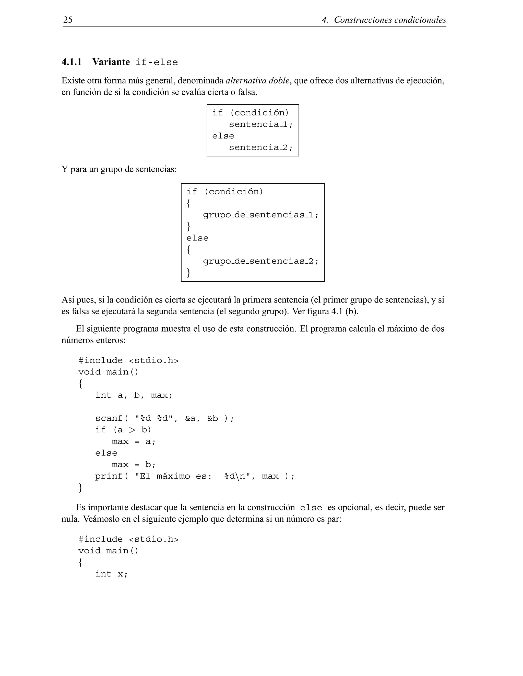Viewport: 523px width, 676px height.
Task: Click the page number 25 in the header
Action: pyautogui.click(x=68, y=20)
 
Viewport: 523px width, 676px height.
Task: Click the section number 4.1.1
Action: pyautogui.click(x=72, y=62)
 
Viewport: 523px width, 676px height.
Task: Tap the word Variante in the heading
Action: pyautogui.click(x=111, y=62)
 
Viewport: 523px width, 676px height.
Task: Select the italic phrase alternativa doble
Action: pyautogui.click(x=258, y=81)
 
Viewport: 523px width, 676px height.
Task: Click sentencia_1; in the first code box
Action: pyautogui.click(x=260, y=124)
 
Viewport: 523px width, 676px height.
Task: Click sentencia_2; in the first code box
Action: pyautogui.click(x=260, y=148)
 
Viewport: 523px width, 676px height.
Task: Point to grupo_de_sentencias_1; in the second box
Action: pyautogui.click(x=260, y=215)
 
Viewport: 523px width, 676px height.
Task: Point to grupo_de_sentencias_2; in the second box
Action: pyautogui.click(x=260, y=261)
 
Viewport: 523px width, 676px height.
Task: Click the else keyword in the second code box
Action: pyautogui.click(x=197, y=238)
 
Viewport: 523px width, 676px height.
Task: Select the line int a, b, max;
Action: pyautogui.click(x=134, y=395)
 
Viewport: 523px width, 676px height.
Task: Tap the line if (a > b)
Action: pyautogui.click(x=123, y=430)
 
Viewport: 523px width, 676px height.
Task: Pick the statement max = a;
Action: pyautogui.click(x=134, y=441)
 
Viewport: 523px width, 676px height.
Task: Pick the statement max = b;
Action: pyautogui.click(x=134, y=465)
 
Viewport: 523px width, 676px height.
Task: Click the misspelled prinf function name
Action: pyautogui.click(x=109, y=476)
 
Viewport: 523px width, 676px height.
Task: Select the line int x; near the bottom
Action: pyautogui.click(x=112, y=574)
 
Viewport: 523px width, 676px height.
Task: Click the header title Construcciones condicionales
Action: pyautogui.click(x=390, y=20)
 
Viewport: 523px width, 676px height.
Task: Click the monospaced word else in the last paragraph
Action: pyautogui.click(x=311, y=508)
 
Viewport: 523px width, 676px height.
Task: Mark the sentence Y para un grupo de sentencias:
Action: pyautogui.click(x=119, y=170)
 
